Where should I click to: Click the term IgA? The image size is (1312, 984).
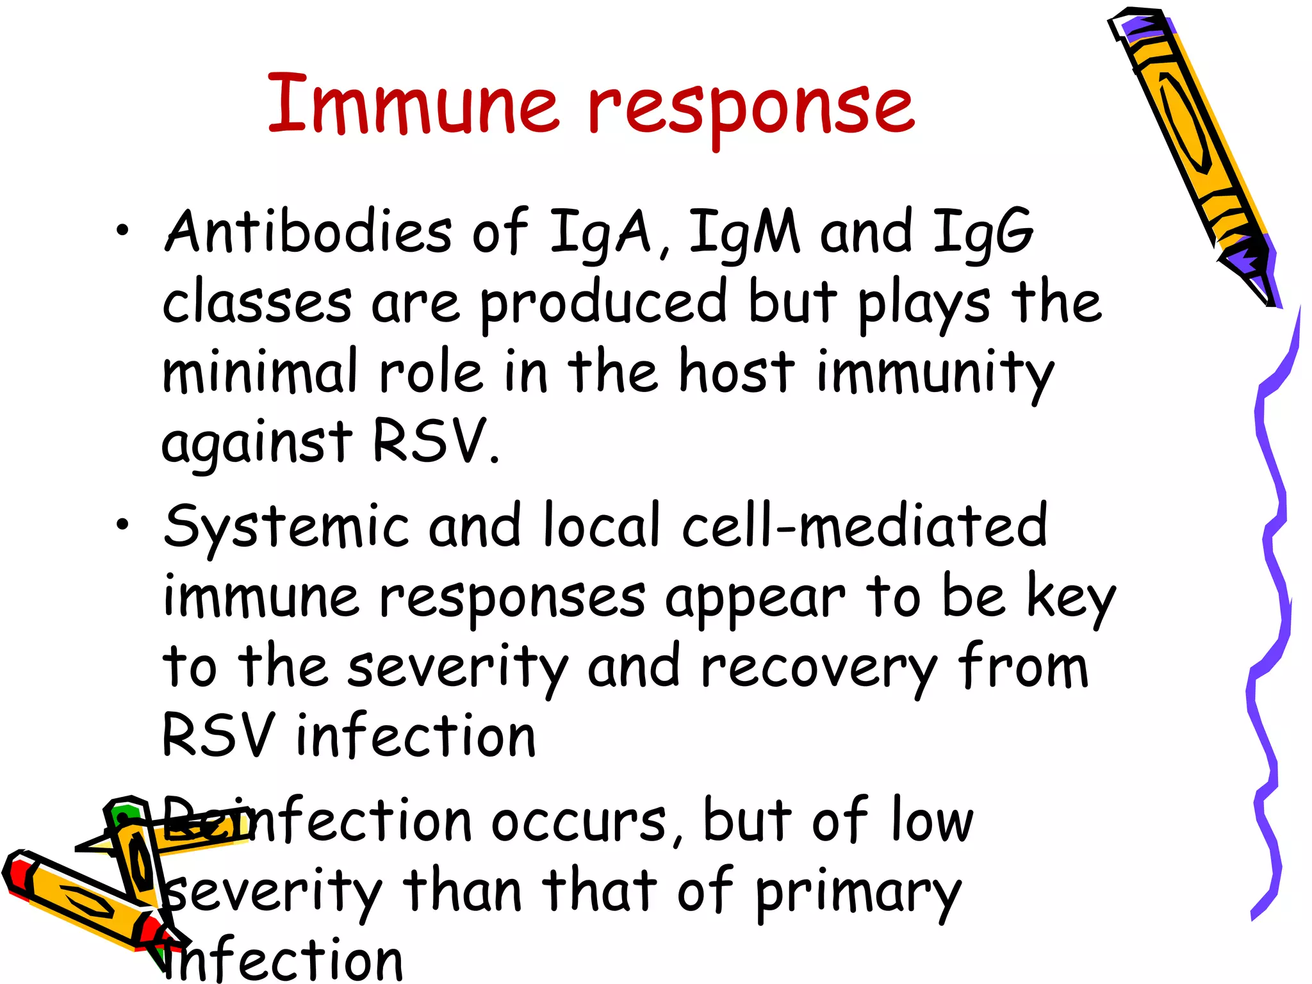[x=600, y=232]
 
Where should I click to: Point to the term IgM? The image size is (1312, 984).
[x=744, y=232]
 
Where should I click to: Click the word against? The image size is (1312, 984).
[x=256, y=442]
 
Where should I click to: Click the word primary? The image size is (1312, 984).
[x=858, y=892]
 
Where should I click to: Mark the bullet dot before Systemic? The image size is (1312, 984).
[x=122, y=525]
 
